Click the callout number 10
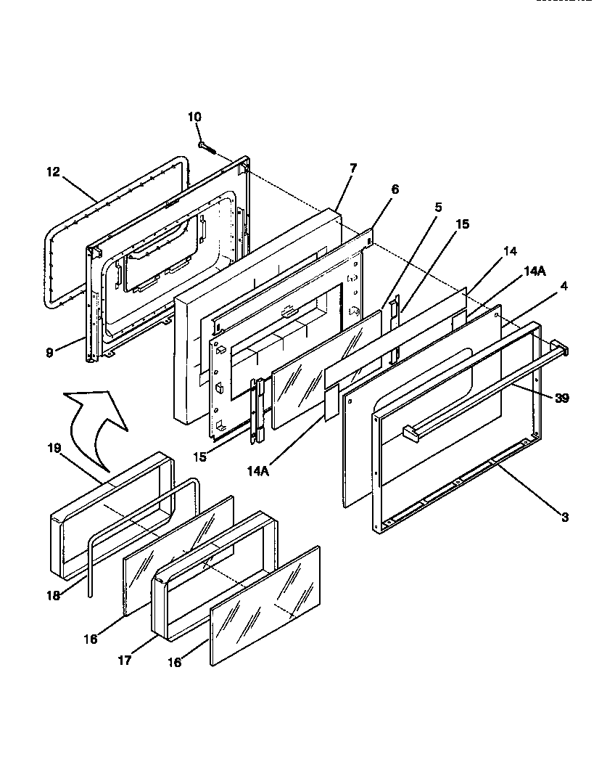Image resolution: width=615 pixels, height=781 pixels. point(194,117)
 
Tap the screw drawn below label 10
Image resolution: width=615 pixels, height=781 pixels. point(207,147)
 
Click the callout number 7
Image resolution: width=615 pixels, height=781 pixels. point(352,168)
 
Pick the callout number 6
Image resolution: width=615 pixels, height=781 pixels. point(395,189)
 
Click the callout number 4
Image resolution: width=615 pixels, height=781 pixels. point(564,286)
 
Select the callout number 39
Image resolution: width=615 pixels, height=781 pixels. point(563,398)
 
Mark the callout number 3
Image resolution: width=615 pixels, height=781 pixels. point(564,518)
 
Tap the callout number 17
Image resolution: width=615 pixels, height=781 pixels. point(125,661)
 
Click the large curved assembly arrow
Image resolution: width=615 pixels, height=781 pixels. point(92,421)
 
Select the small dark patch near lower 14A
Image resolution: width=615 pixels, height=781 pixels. point(332,404)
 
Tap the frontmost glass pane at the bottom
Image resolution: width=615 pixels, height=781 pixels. point(265,605)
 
